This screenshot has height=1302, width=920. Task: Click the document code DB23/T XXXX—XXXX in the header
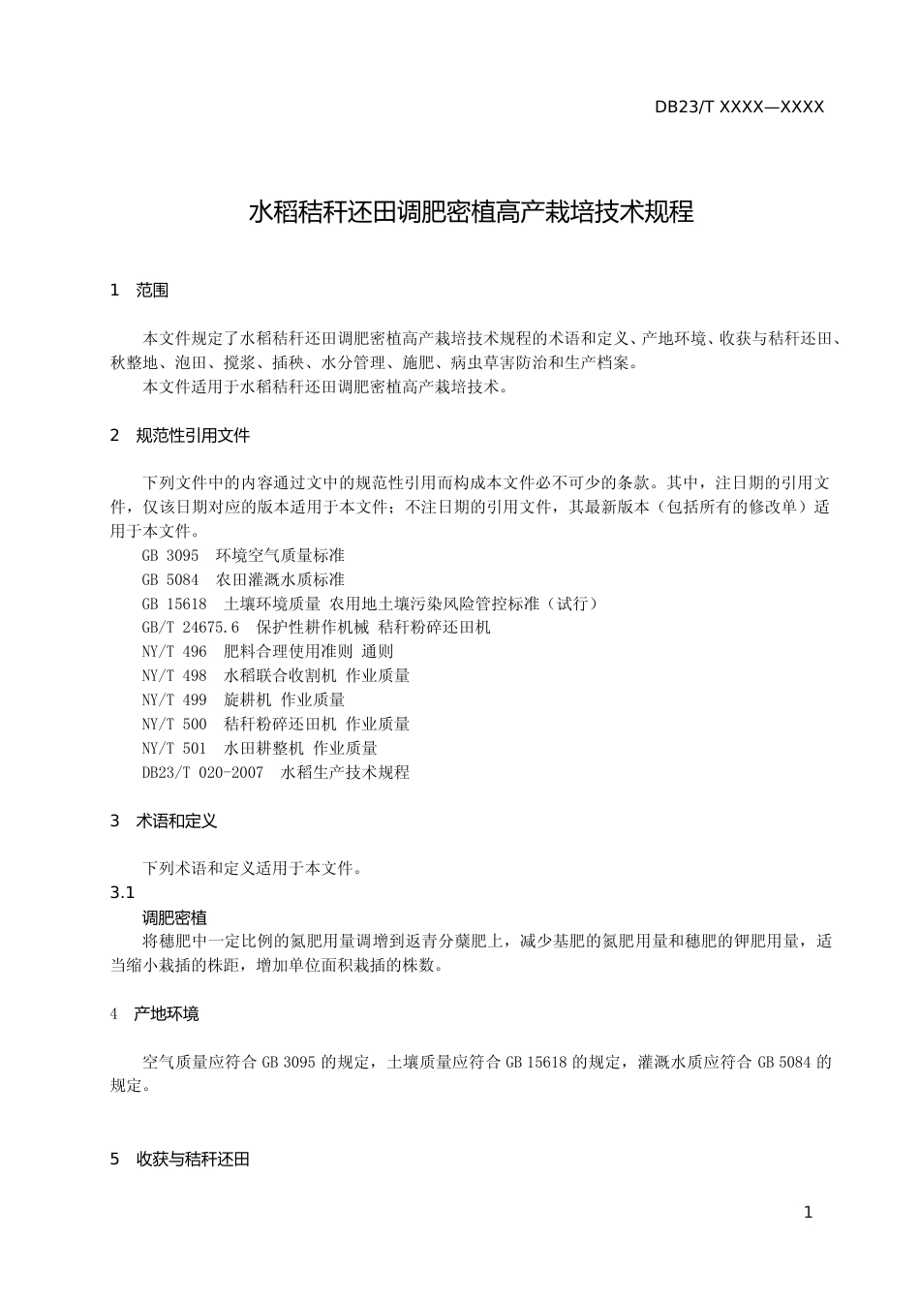pos(739,108)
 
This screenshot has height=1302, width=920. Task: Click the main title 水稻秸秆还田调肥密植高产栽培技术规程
pos(472,212)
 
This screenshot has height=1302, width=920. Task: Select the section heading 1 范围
pos(139,290)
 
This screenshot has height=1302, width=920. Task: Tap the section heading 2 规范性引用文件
pos(180,436)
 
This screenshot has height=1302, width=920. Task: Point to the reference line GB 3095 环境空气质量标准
pos(243,555)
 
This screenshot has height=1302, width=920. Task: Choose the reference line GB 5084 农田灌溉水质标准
pos(243,579)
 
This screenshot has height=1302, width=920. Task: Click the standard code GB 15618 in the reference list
pos(174,604)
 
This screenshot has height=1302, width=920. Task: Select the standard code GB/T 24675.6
pos(190,628)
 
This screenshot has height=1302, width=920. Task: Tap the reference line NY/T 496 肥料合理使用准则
pos(267,652)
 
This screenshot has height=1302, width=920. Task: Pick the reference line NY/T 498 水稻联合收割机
pos(276,676)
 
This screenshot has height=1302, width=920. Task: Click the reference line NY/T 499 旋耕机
pos(243,699)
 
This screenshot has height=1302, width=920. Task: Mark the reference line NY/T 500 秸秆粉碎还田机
pos(276,724)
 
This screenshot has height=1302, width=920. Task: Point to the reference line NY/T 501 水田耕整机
pos(260,748)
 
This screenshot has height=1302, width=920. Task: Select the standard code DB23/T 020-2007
pos(202,772)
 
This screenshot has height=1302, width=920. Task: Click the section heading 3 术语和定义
pos(164,821)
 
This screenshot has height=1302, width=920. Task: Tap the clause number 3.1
pos(122,893)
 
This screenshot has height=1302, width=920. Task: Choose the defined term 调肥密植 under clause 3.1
pos(174,917)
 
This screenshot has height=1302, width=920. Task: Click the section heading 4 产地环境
pos(155,1014)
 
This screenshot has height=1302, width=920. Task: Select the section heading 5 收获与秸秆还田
pos(180,1160)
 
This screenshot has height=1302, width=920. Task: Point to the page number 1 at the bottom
pos(809,1213)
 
